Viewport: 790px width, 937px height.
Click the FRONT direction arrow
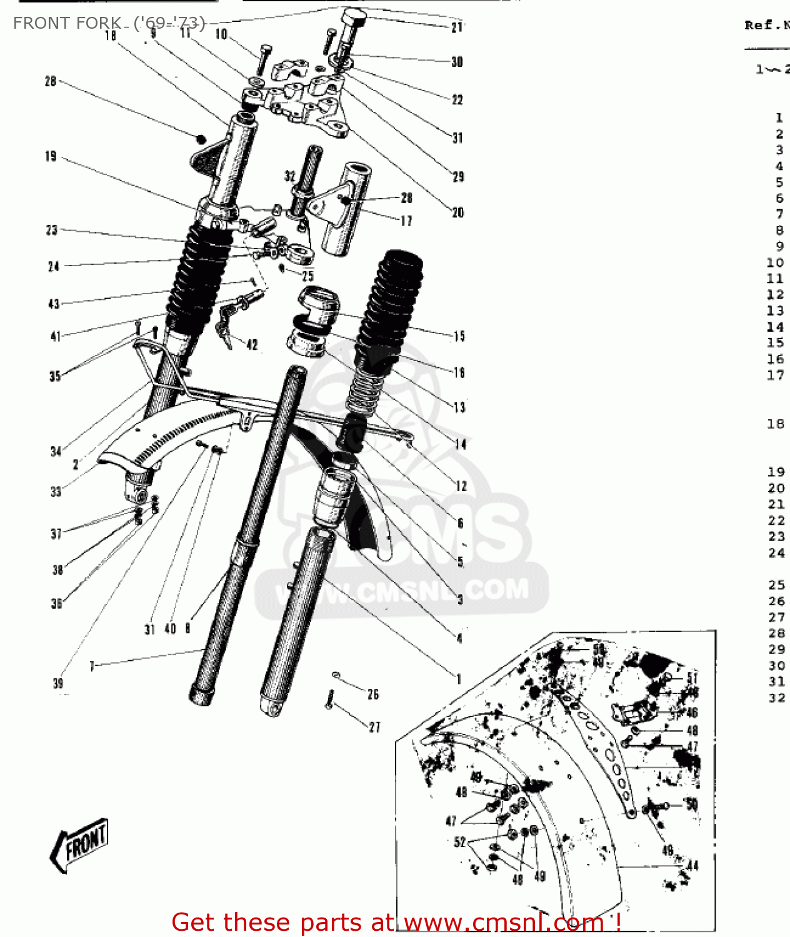click(79, 844)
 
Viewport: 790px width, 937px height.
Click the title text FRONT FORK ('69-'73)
click(109, 23)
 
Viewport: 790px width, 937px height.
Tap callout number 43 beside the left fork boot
click(54, 304)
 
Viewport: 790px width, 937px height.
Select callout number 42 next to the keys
click(252, 345)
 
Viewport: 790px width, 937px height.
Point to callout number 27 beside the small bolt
click(374, 726)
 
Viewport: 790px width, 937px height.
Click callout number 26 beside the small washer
click(373, 694)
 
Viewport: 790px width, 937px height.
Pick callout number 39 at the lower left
click(58, 683)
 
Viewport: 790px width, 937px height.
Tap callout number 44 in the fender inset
click(692, 865)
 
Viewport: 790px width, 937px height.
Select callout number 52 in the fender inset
click(460, 841)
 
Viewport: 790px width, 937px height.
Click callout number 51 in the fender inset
click(692, 678)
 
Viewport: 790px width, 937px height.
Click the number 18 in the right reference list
click(776, 424)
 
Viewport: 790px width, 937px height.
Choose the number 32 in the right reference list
click(776, 697)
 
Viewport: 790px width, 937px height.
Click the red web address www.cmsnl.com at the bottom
click(504, 923)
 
